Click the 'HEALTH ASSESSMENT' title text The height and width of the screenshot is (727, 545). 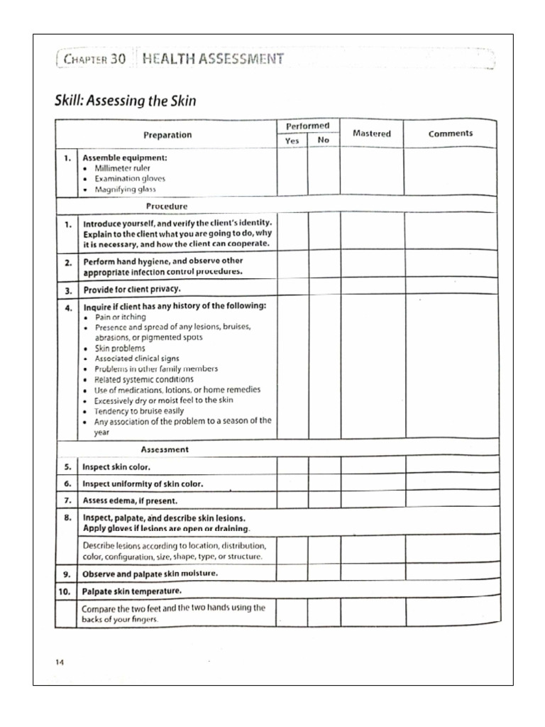tap(213, 58)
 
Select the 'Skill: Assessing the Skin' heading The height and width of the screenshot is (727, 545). tap(125, 102)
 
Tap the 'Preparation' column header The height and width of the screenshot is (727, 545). tap(167, 134)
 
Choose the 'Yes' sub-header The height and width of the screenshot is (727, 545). tap(292, 141)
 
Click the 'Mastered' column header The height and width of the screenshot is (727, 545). tap(371, 133)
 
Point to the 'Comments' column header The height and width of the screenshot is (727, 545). tap(450, 133)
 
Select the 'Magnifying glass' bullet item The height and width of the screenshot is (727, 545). tap(126, 190)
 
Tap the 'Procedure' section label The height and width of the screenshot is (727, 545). tap(166, 206)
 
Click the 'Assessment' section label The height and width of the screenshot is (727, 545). tap(165, 449)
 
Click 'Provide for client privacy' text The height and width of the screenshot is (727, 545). tap(131, 290)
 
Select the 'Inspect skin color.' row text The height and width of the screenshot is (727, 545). tap(116, 467)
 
